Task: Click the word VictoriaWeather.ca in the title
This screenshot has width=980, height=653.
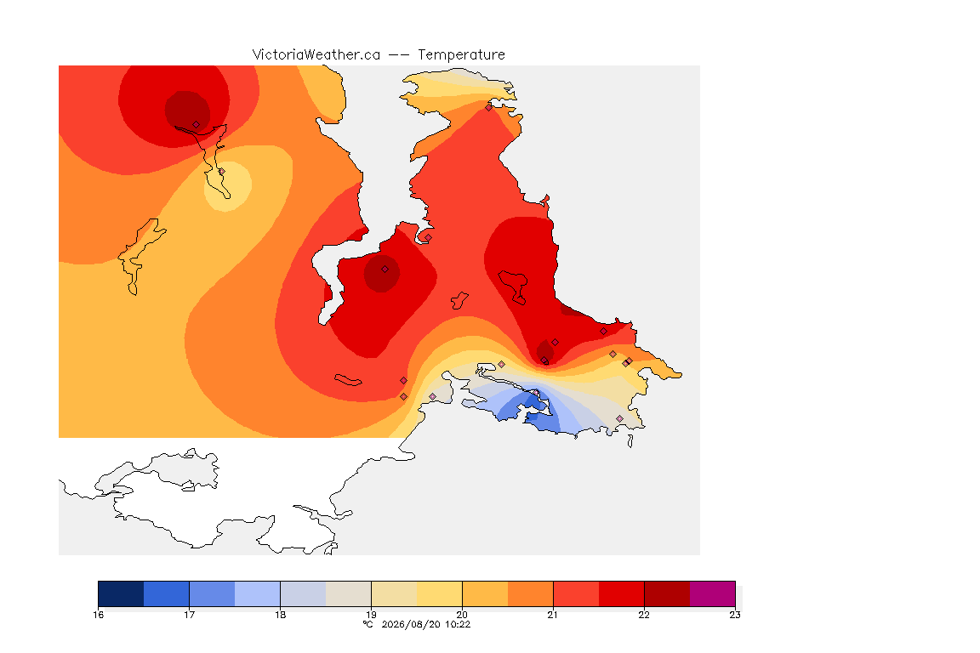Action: click(316, 55)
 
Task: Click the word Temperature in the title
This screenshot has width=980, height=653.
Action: click(461, 55)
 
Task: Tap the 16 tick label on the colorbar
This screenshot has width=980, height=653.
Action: click(99, 615)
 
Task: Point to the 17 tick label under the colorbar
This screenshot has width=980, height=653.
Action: click(190, 615)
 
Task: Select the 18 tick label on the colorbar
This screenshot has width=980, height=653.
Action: click(281, 615)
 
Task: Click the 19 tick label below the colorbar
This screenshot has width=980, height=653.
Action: click(371, 615)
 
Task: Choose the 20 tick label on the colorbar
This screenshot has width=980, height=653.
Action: click(463, 615)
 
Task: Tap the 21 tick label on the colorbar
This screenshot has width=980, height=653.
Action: click(553, 615)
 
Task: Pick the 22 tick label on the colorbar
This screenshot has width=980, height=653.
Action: click(644, 615)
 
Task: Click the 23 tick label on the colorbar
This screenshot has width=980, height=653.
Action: click(735, 615)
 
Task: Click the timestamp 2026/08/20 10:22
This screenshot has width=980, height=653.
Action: click(425, 624)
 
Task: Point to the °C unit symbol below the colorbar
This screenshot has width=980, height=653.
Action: click(368, 624)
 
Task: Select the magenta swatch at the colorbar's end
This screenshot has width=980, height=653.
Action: click(713, 593)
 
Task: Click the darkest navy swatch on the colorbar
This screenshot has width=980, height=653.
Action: click(122, 593)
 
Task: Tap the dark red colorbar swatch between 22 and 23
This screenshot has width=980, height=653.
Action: click(667, 593)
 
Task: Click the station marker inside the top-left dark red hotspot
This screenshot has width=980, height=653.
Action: click(197, 125)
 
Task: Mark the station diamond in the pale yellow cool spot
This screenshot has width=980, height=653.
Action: click(221, 171)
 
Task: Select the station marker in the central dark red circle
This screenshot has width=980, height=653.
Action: click(385, 270)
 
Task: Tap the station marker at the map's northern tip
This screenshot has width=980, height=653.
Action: click(489, 107)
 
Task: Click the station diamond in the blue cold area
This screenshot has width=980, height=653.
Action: click(536, 393)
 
